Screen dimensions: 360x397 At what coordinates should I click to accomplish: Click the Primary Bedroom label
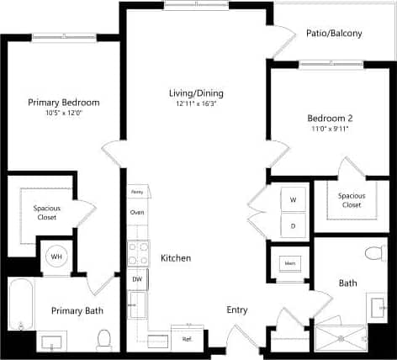click(x=63, y=103)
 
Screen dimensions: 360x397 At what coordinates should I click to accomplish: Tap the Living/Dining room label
click(x=195, y=93)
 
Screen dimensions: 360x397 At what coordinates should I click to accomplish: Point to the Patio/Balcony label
click(x=335, y=34)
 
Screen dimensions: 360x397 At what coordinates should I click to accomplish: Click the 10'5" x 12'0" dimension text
click(x=63, y=114)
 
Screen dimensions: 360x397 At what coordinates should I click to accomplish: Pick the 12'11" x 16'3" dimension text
click(x=195, y=103)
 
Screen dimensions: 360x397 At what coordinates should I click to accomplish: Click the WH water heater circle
click(x=56, y=257)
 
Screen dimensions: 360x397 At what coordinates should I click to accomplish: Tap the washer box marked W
click(x=294, y=200)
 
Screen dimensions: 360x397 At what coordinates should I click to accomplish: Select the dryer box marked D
click(x=294, y=225)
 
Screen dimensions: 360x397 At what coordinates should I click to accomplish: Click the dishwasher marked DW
click(x=137, y=278)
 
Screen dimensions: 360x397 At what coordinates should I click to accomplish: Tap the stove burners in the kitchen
click(x=137, y=253)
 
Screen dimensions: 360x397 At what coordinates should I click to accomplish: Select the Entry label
click(x=237, y=310)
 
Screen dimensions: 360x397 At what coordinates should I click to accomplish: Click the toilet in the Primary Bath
click(x=104, y=338)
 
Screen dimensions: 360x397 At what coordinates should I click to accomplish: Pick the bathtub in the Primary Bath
click(x=19, y=307)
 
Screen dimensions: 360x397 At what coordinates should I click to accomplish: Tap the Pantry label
click(x=137, y=192)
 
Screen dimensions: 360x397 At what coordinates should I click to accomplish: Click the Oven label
click(x=137, y=212)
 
